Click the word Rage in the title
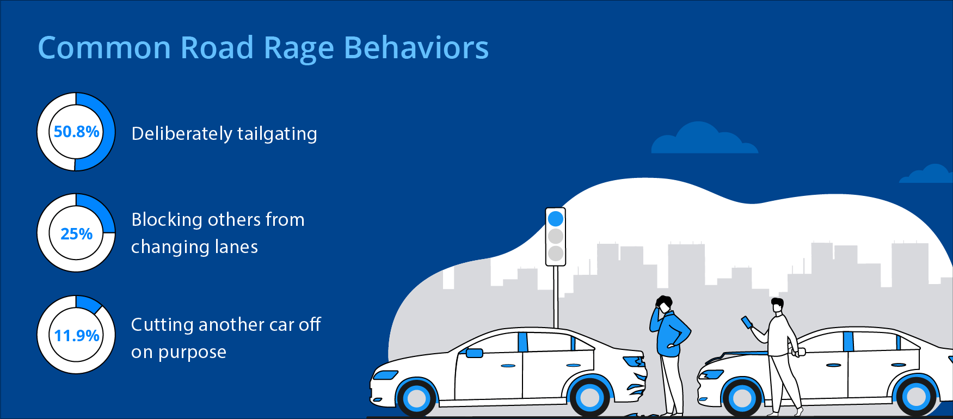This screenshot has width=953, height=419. pyautogui.click(x=298, y=48)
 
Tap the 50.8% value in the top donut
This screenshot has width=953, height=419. pyautogui.click(x=76, y=132)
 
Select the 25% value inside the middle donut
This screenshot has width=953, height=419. pyautogui.click(x=76, y=234)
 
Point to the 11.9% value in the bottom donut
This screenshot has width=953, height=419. pyautogui.click(x=76, y=336)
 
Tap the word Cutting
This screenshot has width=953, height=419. pyautogui.click(x=162, y=325)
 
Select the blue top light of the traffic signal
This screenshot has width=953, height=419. pyautogui.click(x=556, y=219)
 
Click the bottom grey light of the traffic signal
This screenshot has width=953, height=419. pyautogui.click(x=556, y=254)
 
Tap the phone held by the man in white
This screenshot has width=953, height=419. pyautogui.click(x=747, y=323)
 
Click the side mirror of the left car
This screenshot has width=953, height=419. pyautogui.click(x=474, y=353)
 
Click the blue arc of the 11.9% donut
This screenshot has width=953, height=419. pyautogui.click(x=89, y=304)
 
